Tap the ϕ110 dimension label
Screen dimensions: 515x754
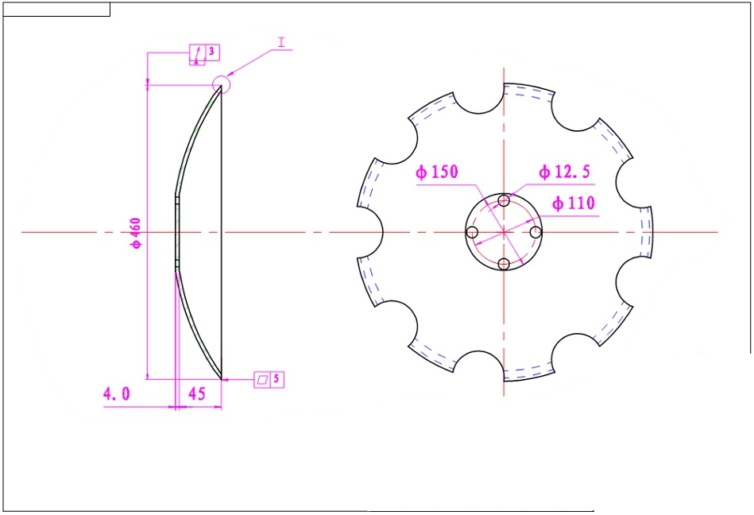tap(572, 203)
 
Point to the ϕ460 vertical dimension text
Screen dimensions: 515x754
tap(136, 232)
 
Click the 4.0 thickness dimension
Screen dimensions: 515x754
tap(116, 393)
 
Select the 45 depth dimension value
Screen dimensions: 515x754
tap(197, 393)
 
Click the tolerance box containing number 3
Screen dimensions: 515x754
tap(203, 53)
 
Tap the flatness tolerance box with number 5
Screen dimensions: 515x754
tap(269, 380)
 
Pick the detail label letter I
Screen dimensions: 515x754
tap(281, 39)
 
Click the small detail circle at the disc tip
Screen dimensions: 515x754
tap(221, 83)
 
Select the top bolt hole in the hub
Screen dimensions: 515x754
tap(504, 199)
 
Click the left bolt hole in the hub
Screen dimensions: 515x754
tap(472, 232)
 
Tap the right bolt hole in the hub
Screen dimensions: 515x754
tap(536, 232)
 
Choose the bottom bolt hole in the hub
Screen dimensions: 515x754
tap(504, 264)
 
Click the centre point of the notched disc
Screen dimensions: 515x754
tap(504, 232)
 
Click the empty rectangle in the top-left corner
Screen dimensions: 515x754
tap(56, 10)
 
